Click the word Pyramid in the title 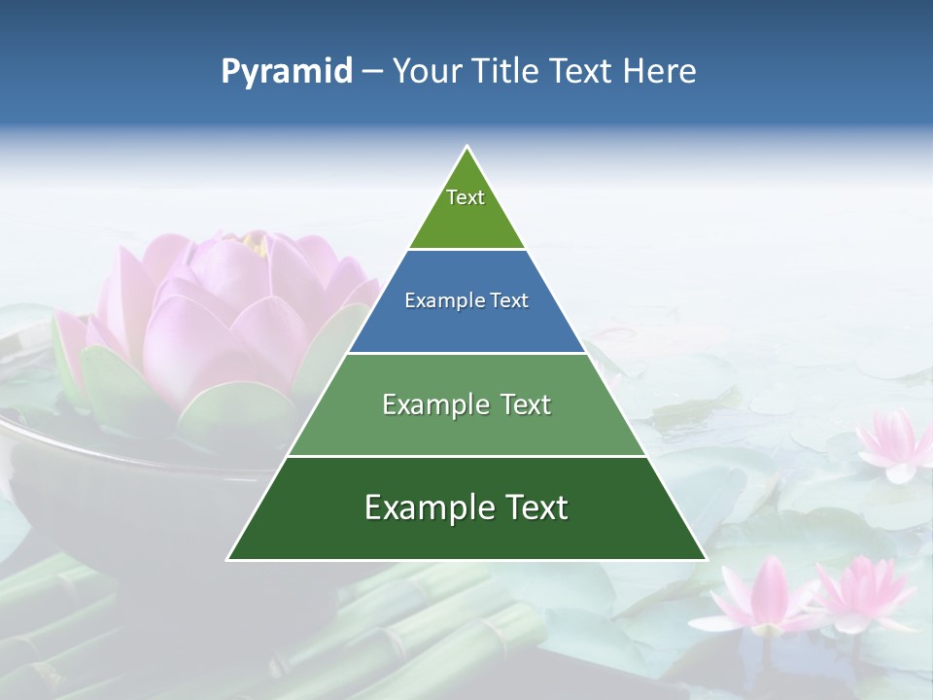click(286, 71)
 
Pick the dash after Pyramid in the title click(372, 72)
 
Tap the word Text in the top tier click(466, 197)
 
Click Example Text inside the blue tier click(466, 300)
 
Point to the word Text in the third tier click(520, 404)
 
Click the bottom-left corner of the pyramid click(227, 560)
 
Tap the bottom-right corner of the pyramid click(707, 560)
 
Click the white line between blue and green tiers click(466, 353)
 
